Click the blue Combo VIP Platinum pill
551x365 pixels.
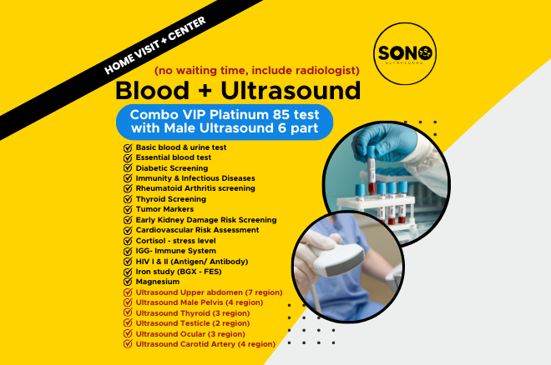click(x=225, y=120)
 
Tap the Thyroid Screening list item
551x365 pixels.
click(x=170, y=199)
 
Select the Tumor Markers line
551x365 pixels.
click(x=165, y=209)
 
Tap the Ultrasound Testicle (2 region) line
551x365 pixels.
click(x=192, y=323)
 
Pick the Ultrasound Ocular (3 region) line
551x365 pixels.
click(x=190, y=333)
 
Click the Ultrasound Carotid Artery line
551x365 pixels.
click(x=205, y=343)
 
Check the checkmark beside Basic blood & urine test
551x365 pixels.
click(x=128, y=147)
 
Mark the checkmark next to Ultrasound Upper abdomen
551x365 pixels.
click(x=128, y=292)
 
